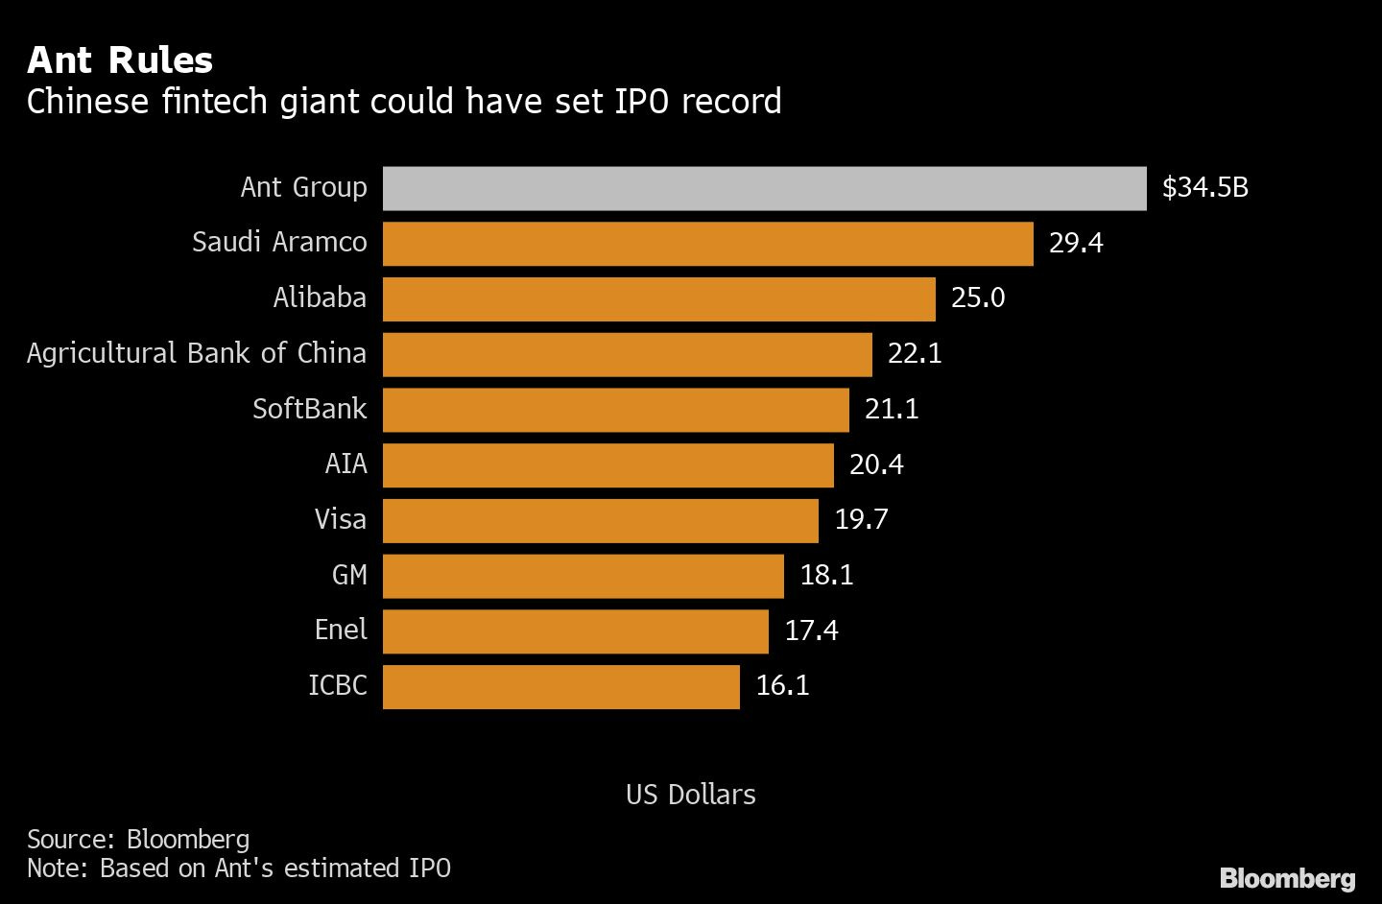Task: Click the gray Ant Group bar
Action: click(764, 188)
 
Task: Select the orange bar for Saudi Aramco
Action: click(707, 244)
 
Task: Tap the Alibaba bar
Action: click(658, 299)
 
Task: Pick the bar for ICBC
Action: click(560, 687)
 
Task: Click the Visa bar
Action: click(600, 520)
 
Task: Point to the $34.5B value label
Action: click(1204, 187)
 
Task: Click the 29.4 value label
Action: click(1075, 243)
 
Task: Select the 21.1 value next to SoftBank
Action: click(891, 410)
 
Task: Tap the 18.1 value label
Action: click(825, 576)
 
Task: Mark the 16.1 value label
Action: click(781, 686)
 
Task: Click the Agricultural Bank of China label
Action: click(197, 353)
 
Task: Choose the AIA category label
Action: click(345, 464)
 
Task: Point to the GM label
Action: click(349, 575)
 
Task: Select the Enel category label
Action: click(341, 630)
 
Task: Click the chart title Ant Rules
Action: click(120, 59)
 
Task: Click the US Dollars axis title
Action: click(690, 795)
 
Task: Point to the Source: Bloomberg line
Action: click(138, 840)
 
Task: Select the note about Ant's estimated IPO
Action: click(238, 868)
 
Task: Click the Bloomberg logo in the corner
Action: click(1287, 878)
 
